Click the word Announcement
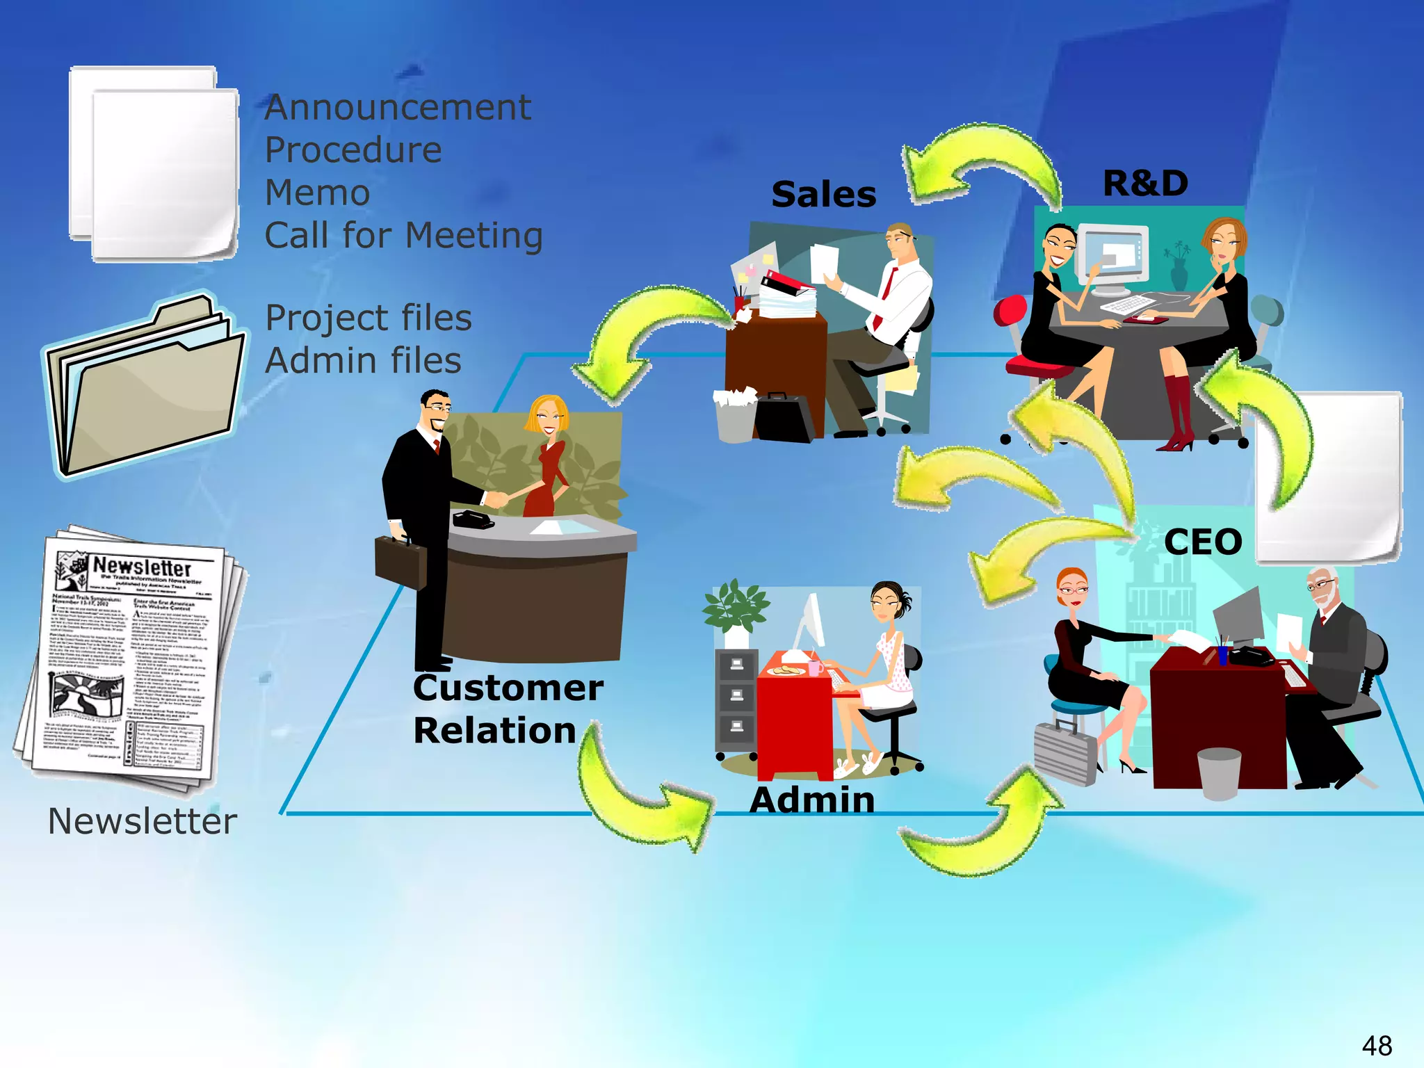[398, 108]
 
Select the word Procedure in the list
[353, 150]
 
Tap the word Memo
[317, 193]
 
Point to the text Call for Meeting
[403, 235]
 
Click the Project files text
[369, 318]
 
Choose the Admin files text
[363, 361]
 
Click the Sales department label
[823, 194]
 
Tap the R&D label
[1145, 184]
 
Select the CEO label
[1202, 542]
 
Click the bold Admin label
[811, 800]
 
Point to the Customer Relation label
[508, 709]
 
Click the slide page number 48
[1376, 1045]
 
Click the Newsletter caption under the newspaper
[143, 821]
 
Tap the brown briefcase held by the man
[400, 562]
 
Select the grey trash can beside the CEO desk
[1219, 772]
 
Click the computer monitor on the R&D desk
[1113, 257]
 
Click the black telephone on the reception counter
[472, 519]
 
